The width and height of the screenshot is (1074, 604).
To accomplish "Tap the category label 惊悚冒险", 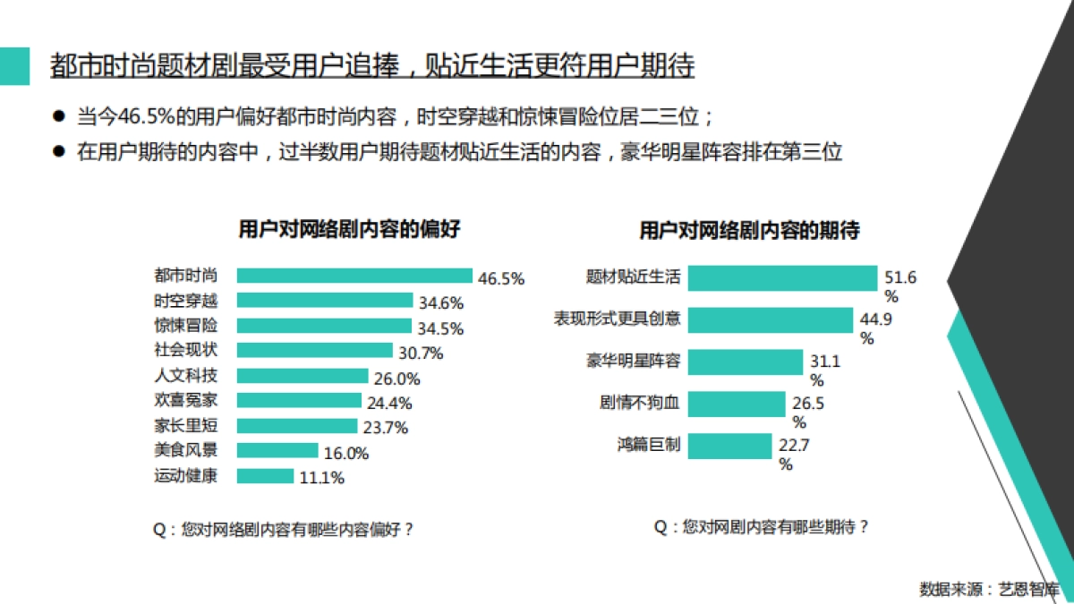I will tap(185, 325).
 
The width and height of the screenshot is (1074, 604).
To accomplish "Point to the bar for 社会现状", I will tap(314, 351).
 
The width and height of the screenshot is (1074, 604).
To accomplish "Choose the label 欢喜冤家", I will tap(185, 400).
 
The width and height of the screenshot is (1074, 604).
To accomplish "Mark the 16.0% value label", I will tap(346, 454).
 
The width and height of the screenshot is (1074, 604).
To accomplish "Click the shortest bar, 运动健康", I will tap(265, 476).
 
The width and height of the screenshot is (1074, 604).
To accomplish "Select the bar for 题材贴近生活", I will tap(783, 277).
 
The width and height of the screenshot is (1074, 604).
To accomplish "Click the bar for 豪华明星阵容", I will tap(746, 362).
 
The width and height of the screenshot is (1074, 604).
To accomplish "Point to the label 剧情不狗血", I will tap(639, 404).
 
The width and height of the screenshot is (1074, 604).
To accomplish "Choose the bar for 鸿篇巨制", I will tap(730, 446).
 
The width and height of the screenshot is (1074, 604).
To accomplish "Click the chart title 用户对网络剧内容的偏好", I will tap(349, 229).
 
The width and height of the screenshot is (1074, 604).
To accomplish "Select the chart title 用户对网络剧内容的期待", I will tap(749, 231).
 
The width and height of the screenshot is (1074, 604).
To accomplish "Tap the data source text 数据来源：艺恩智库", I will tap(989, 589).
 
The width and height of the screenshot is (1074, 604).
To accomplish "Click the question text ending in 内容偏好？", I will tap(284, 529).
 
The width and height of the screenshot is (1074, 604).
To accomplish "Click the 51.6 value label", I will tap(900, 277).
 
